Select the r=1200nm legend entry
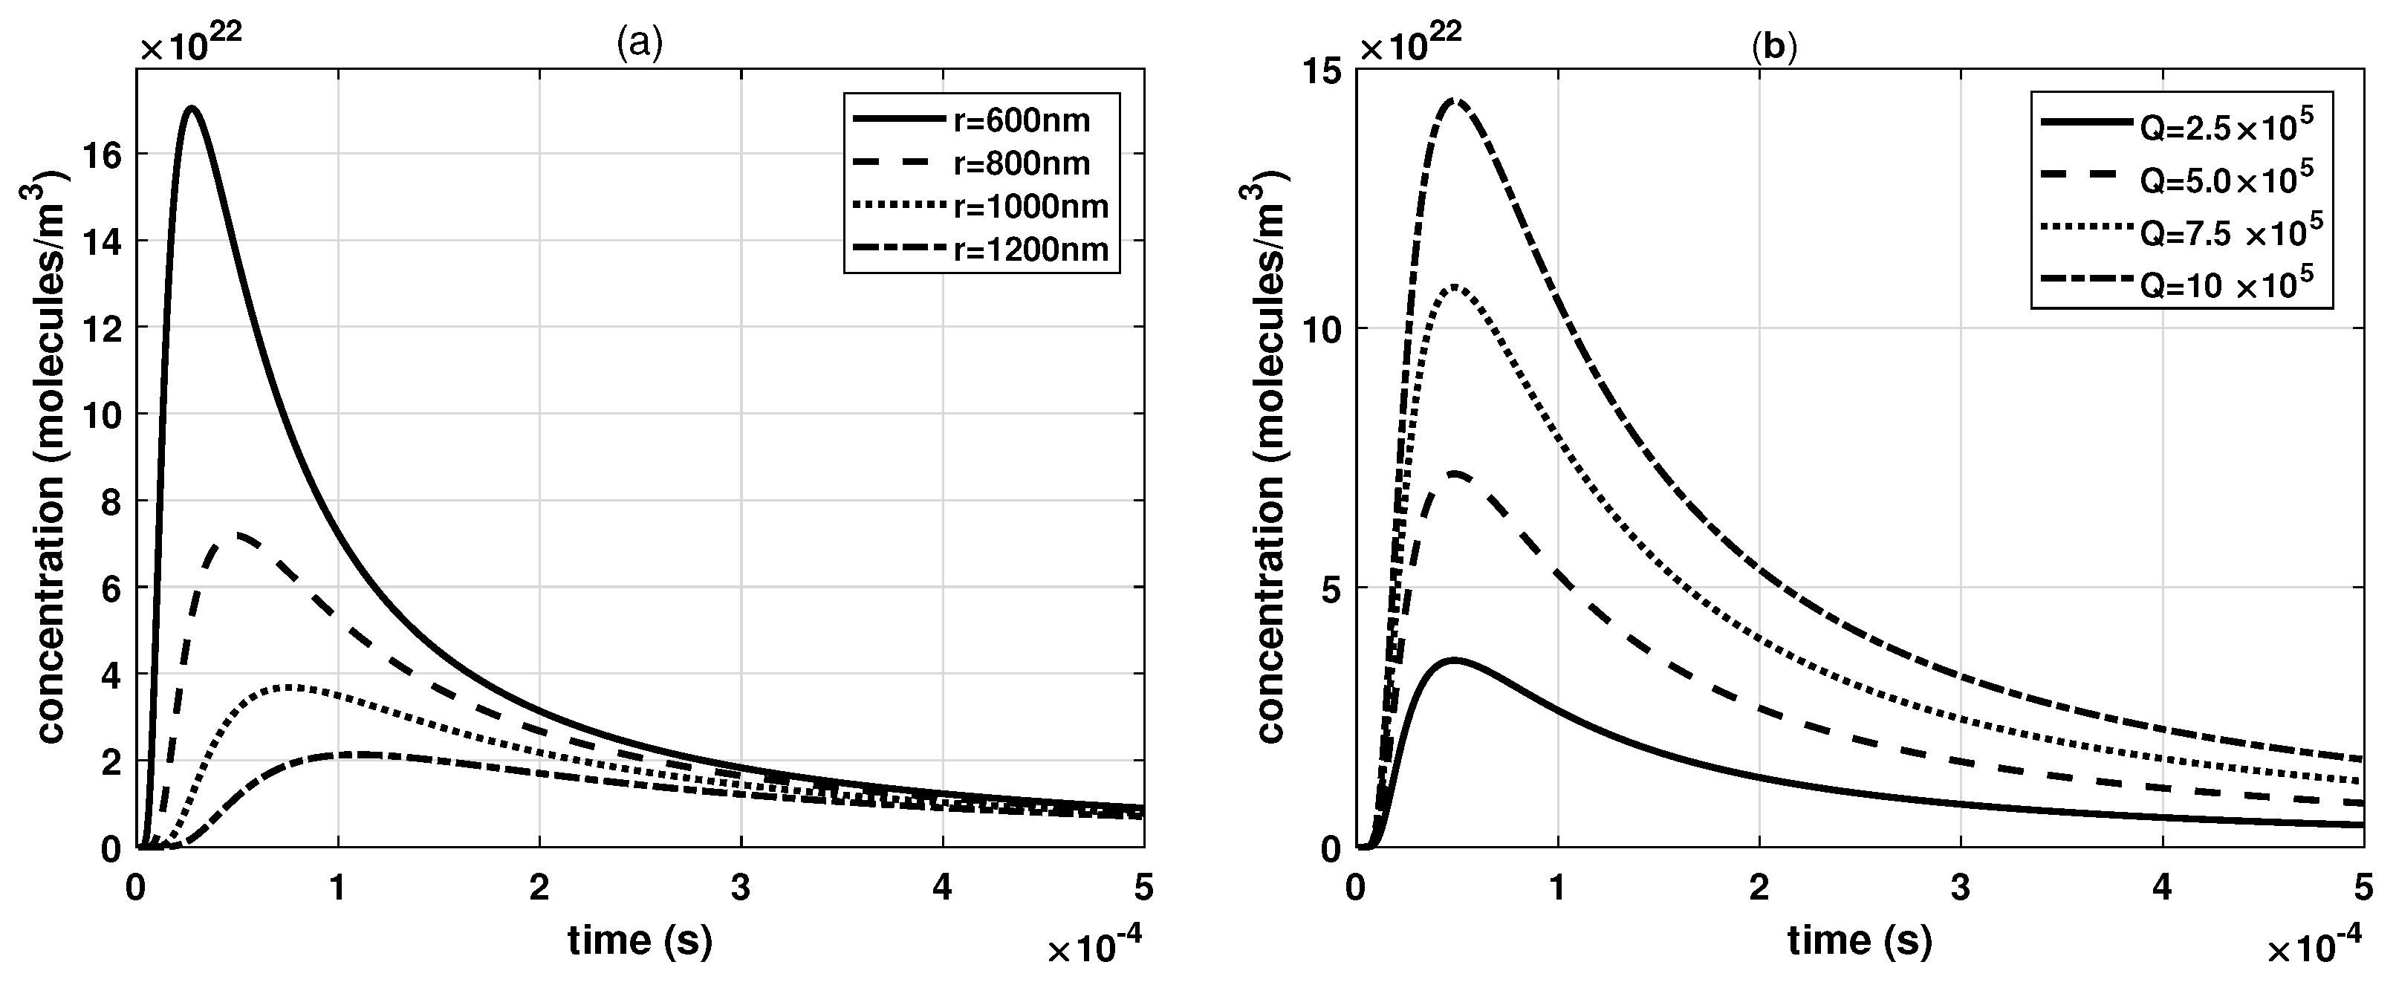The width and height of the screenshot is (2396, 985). click(x=1030, y=250)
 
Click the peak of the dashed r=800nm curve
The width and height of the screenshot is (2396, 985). click(x=240, y=535)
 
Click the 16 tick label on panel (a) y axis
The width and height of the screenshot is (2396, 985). click(x=103, y=155)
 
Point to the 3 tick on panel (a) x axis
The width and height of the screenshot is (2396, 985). click(x=741, y=888)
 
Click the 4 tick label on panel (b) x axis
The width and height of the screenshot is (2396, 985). click(x=2162, y=888)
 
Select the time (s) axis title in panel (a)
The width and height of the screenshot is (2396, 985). click(x=640, y=941)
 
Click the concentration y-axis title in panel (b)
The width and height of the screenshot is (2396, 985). click(x=1270, y=462)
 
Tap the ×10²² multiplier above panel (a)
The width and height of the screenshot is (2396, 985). click(x=192, y=44)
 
